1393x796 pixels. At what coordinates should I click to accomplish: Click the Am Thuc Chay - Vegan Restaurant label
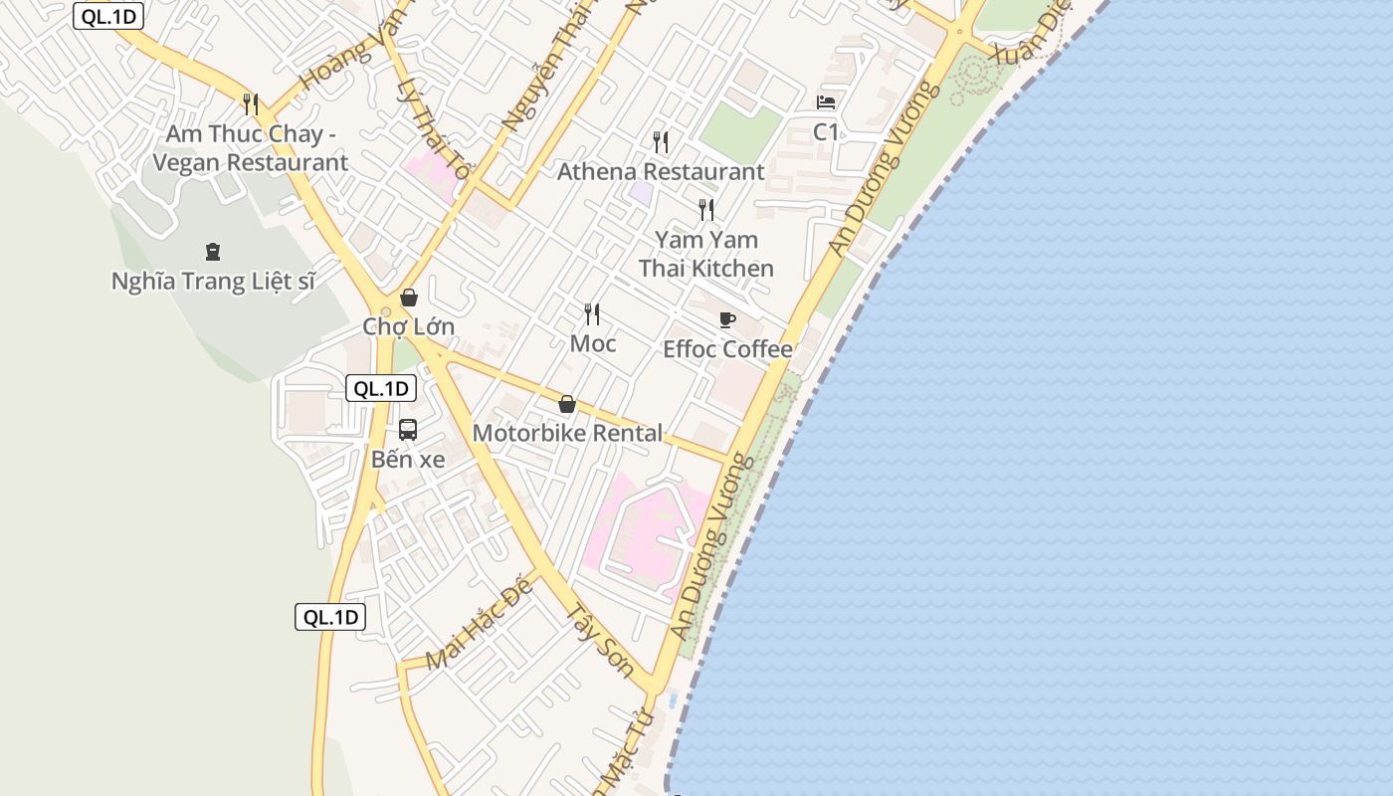(x=257, y=148)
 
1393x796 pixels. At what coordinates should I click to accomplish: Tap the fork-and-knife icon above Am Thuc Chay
(x=251, y=103)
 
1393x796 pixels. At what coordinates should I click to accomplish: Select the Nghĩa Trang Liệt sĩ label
(x=213, y=282)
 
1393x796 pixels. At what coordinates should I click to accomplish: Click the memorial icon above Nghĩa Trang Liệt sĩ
(x=212, y=251)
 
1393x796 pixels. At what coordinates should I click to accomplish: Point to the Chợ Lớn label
(x=408, y=326)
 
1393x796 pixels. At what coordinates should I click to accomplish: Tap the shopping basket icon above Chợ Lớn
(x=408, y=297)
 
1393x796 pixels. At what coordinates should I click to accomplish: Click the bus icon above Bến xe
(x=408, y=430)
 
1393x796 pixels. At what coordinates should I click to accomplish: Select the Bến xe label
(x=408, y=460)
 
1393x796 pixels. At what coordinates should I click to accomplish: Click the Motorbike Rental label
(x=567, y=433)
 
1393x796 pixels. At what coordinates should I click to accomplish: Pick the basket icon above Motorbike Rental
(x=567, y=404)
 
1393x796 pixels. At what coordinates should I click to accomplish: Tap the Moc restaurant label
(x=593, y=344)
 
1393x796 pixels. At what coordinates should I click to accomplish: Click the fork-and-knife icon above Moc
(x=592, y=314)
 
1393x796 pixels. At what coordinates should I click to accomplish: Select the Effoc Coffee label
(x=727, y=349)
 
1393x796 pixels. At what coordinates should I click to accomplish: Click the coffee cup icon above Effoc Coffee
(x=727, y=319)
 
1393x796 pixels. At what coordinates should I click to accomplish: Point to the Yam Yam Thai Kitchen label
(x=706, y=254)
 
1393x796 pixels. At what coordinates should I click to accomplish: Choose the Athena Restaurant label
(x=661, y=171)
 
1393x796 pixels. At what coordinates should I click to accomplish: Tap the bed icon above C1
(x=826, y=101)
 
